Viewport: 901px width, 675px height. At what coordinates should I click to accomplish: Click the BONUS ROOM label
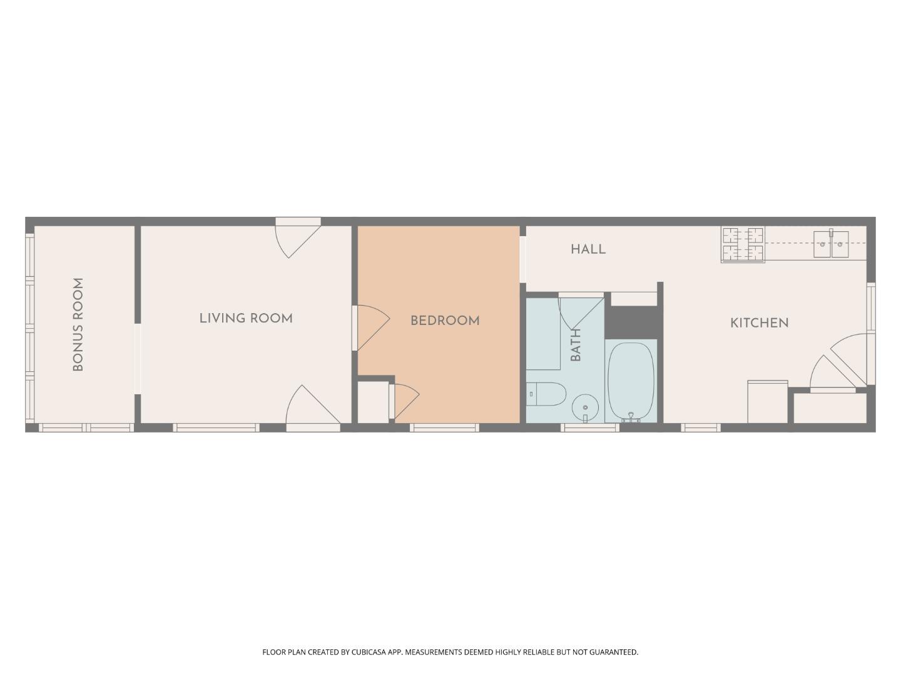(78, 324)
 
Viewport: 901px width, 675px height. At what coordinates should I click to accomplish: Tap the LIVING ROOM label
(246, 318)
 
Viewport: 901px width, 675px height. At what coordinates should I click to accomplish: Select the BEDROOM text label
(445, 321)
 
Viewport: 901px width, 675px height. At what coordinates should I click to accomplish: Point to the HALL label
(588, 249)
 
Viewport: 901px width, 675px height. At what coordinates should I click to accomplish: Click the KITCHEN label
(759, 323)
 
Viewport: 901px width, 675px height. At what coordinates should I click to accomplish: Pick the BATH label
(576, 344)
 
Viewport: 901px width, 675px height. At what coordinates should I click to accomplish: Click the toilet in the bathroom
(546, 394)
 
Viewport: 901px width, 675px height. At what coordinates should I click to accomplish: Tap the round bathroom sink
(586, 407)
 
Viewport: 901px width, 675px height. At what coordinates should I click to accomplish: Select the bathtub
(631, 381)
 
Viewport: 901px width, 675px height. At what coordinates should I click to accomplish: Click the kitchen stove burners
(743, 244)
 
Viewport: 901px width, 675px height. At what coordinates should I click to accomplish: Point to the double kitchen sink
(831, 244)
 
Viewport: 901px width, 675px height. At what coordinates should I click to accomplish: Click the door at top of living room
(298, 238)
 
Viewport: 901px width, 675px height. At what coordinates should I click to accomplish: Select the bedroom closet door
(404, 401)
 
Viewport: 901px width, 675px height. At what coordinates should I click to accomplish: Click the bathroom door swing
(581, 312)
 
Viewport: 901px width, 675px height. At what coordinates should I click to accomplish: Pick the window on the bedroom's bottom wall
(444, 427)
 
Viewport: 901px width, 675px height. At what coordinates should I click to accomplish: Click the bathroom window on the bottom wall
(589, 427)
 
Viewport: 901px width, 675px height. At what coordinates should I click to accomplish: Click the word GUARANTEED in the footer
(614, 652)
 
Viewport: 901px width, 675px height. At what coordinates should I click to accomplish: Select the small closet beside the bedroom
(373, 402)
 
